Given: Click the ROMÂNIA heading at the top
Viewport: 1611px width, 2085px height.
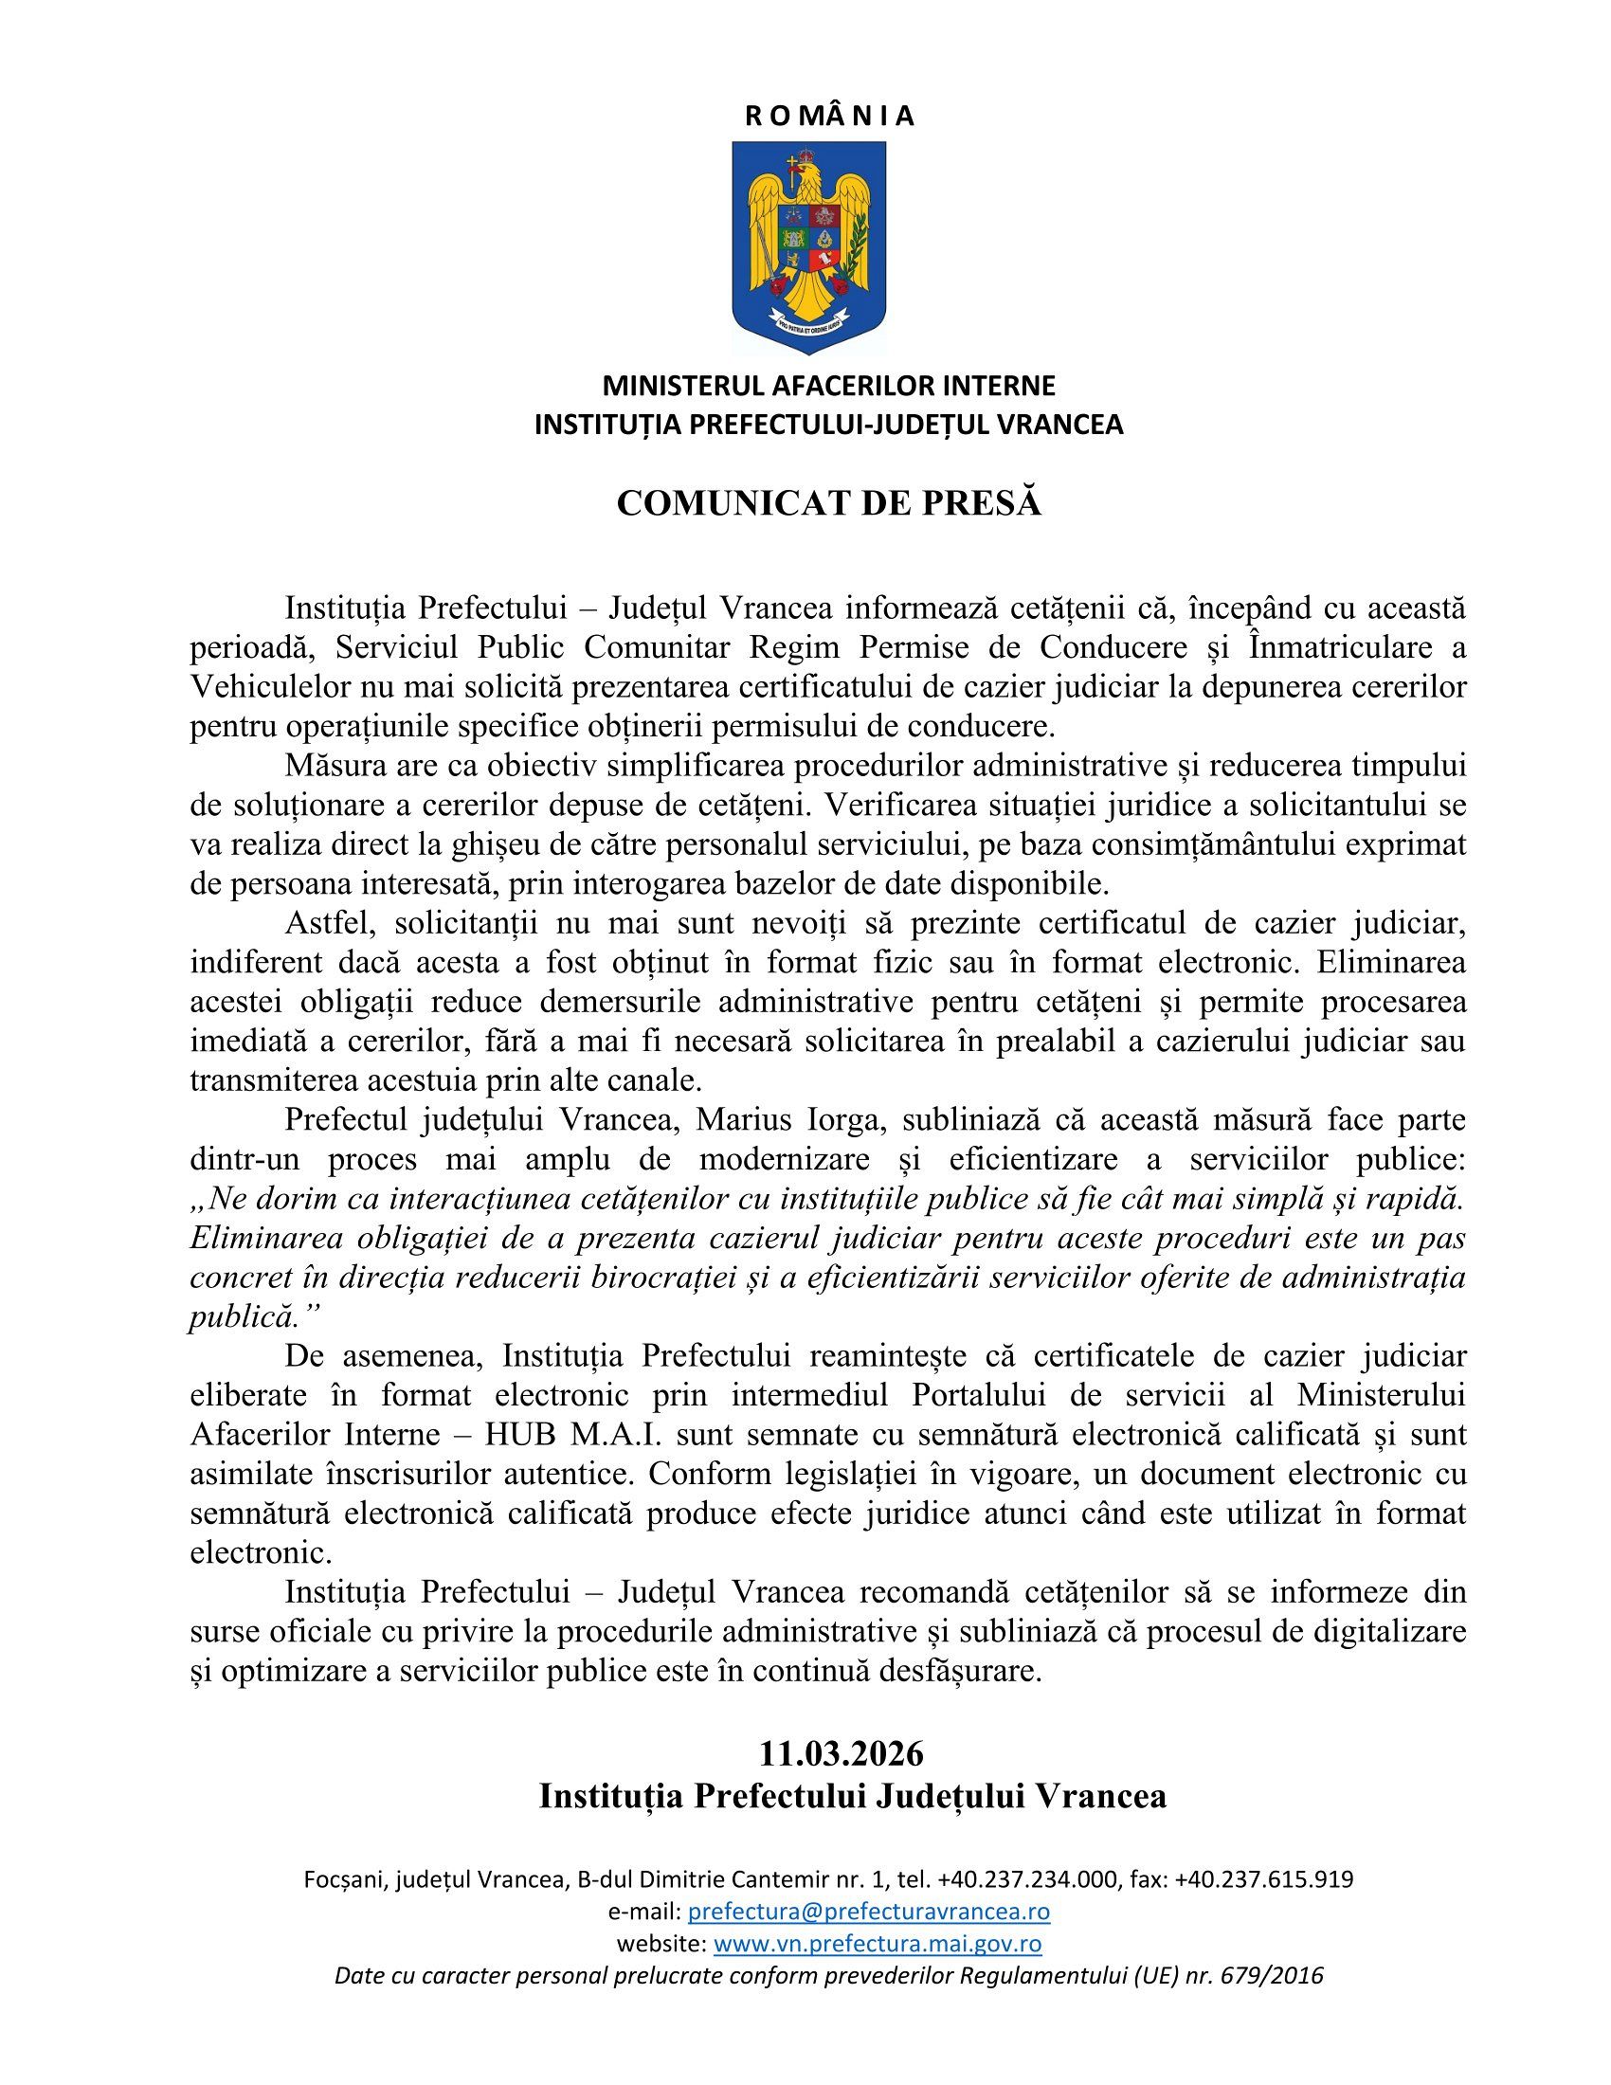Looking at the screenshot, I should click(828, 117).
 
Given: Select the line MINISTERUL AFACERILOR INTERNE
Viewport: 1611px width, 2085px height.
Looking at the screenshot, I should click(828, 386).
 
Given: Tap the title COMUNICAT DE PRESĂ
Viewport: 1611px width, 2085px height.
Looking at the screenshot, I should click(828, 503).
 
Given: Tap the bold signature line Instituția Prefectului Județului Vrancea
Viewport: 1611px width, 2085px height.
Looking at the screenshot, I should click(852, 1796).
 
